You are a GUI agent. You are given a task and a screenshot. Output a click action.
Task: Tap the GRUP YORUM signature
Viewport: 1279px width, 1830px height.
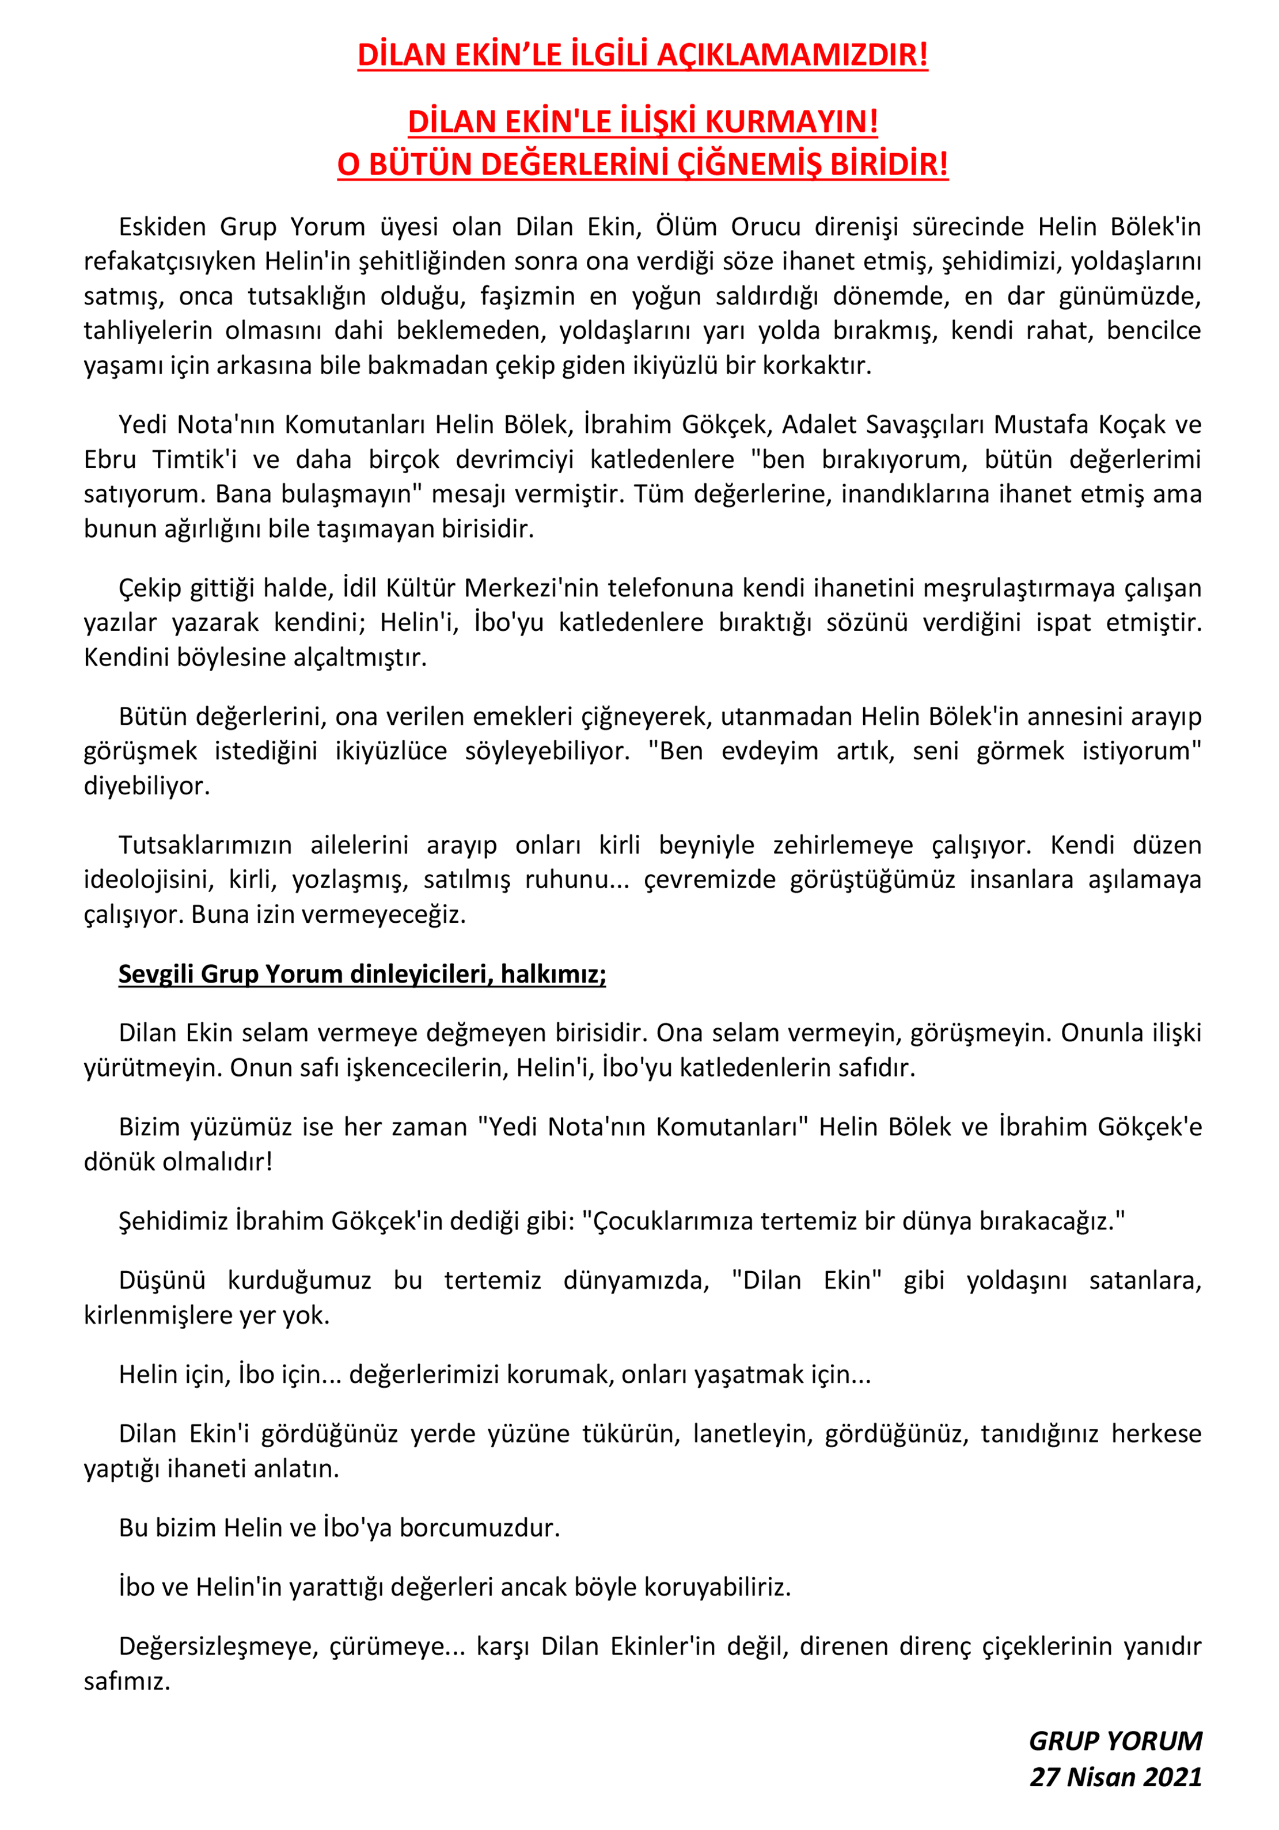[1115, 1741]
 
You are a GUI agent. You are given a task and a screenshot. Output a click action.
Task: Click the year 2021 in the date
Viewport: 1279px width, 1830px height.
[1172, 1776]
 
